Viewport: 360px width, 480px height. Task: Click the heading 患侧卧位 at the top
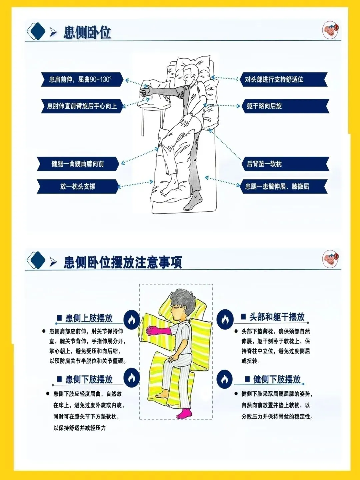click(87, 33)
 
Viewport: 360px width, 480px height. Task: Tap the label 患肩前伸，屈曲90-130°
click(80, 79)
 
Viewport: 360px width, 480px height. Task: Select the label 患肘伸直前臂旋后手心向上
click(82, 106)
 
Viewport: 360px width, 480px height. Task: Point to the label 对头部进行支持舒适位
click(274, 79)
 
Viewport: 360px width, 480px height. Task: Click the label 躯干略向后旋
click(264, 106)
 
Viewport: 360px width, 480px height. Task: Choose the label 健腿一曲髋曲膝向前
click(78, 164)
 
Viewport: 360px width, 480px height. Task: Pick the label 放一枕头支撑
click(78, 187)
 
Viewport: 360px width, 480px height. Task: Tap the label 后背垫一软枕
click(264, 164)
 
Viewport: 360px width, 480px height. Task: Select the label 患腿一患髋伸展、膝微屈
click(277, 187)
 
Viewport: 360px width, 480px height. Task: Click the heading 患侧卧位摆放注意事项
click(123, 262)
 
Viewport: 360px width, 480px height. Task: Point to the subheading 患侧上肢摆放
click(89, 318)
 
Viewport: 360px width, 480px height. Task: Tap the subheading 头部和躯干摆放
click(277, 317)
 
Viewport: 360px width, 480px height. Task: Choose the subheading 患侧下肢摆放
click(89, 379)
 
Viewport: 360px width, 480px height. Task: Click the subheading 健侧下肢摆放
click(277, 379)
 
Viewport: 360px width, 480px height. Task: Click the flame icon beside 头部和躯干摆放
click(224, 319)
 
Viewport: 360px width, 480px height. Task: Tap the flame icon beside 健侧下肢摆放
click(224, 379)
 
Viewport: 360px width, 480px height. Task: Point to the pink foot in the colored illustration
click(184, 413)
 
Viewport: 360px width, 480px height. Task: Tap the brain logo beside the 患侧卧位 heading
click(330, 30)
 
